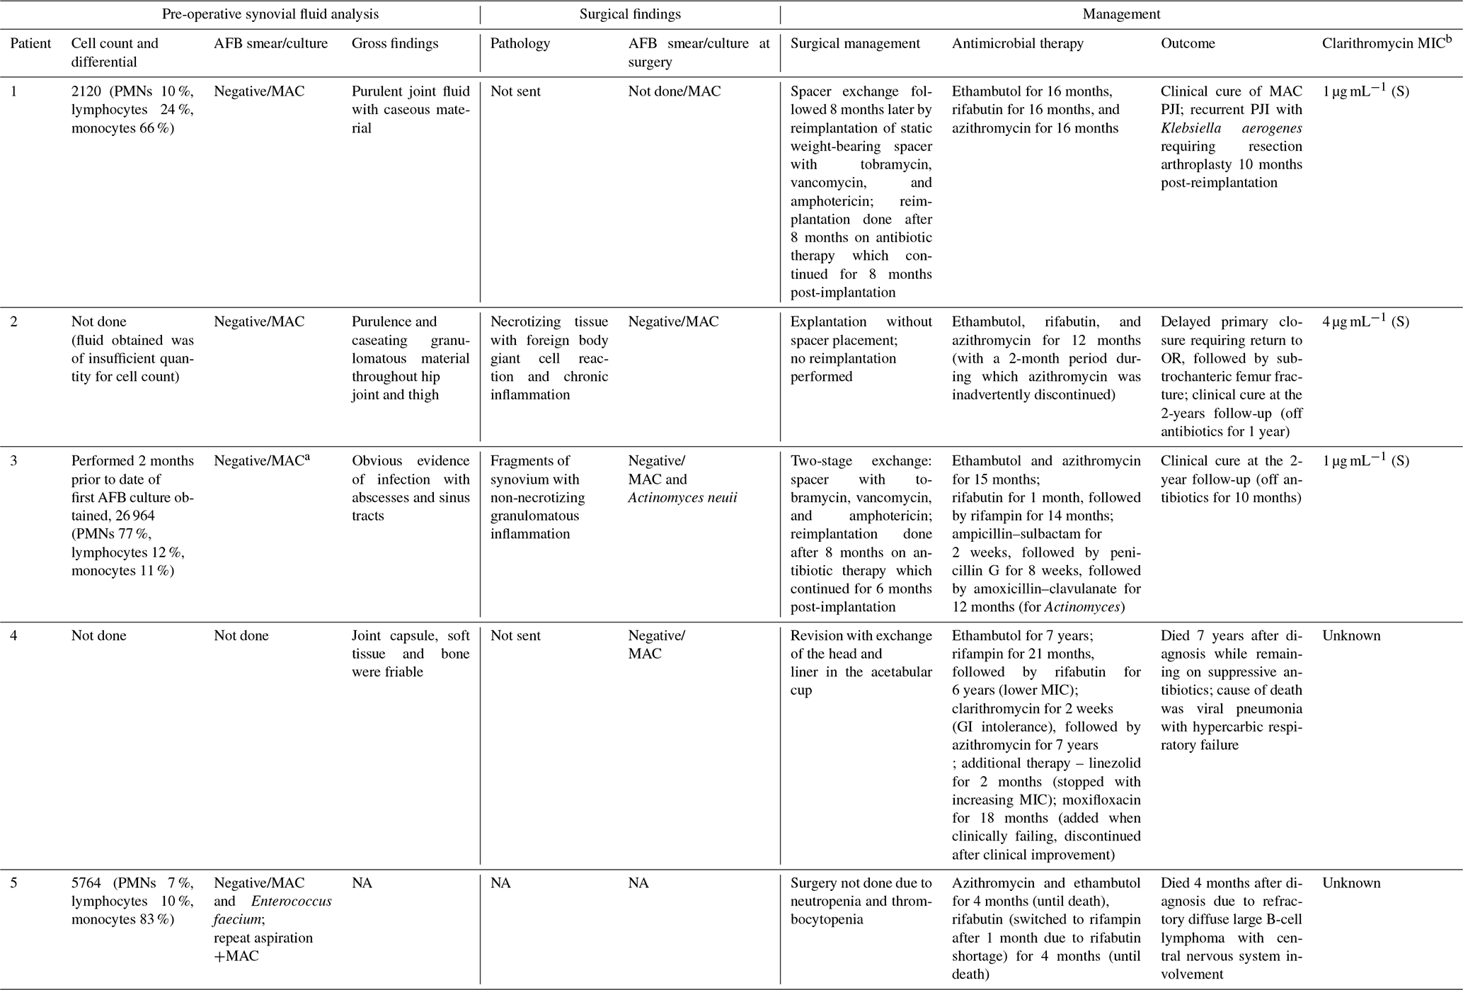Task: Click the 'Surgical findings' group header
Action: tap(630, 13)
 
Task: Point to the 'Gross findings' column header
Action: tap(395, 43)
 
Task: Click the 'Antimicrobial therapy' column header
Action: tap(1017, 43)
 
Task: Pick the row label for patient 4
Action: tap(14, 635)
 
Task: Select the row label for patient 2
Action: tap(14, 322)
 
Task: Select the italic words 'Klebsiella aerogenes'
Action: tap(1231, 128)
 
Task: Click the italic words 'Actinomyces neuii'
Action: tap(682, 497)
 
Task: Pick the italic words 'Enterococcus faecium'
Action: tap(272, 911)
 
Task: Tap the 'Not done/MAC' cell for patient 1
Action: tap(674, 91)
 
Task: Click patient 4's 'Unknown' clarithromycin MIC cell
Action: tap(1351, 635)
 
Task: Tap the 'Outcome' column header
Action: tap(1188, 43)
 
